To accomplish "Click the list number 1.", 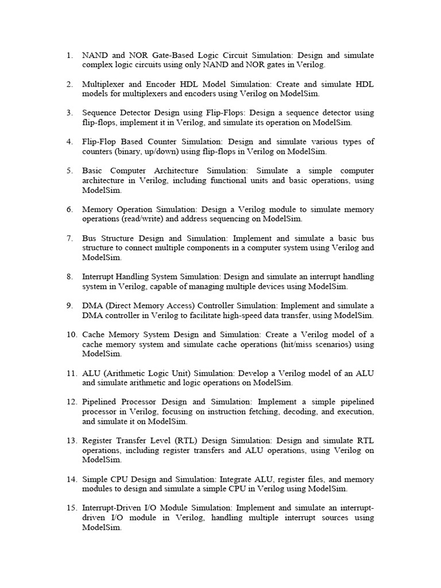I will click(x=69, y=56).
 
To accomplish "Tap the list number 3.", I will click(x=69, y=113).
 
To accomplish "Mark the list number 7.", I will click(x=69, y=238).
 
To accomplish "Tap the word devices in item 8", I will click(x=286, y=286).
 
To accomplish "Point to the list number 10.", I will click(x=71, y=334).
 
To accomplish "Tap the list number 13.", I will click(x=71, y=440).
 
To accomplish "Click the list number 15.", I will click(x=71, y=508).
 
